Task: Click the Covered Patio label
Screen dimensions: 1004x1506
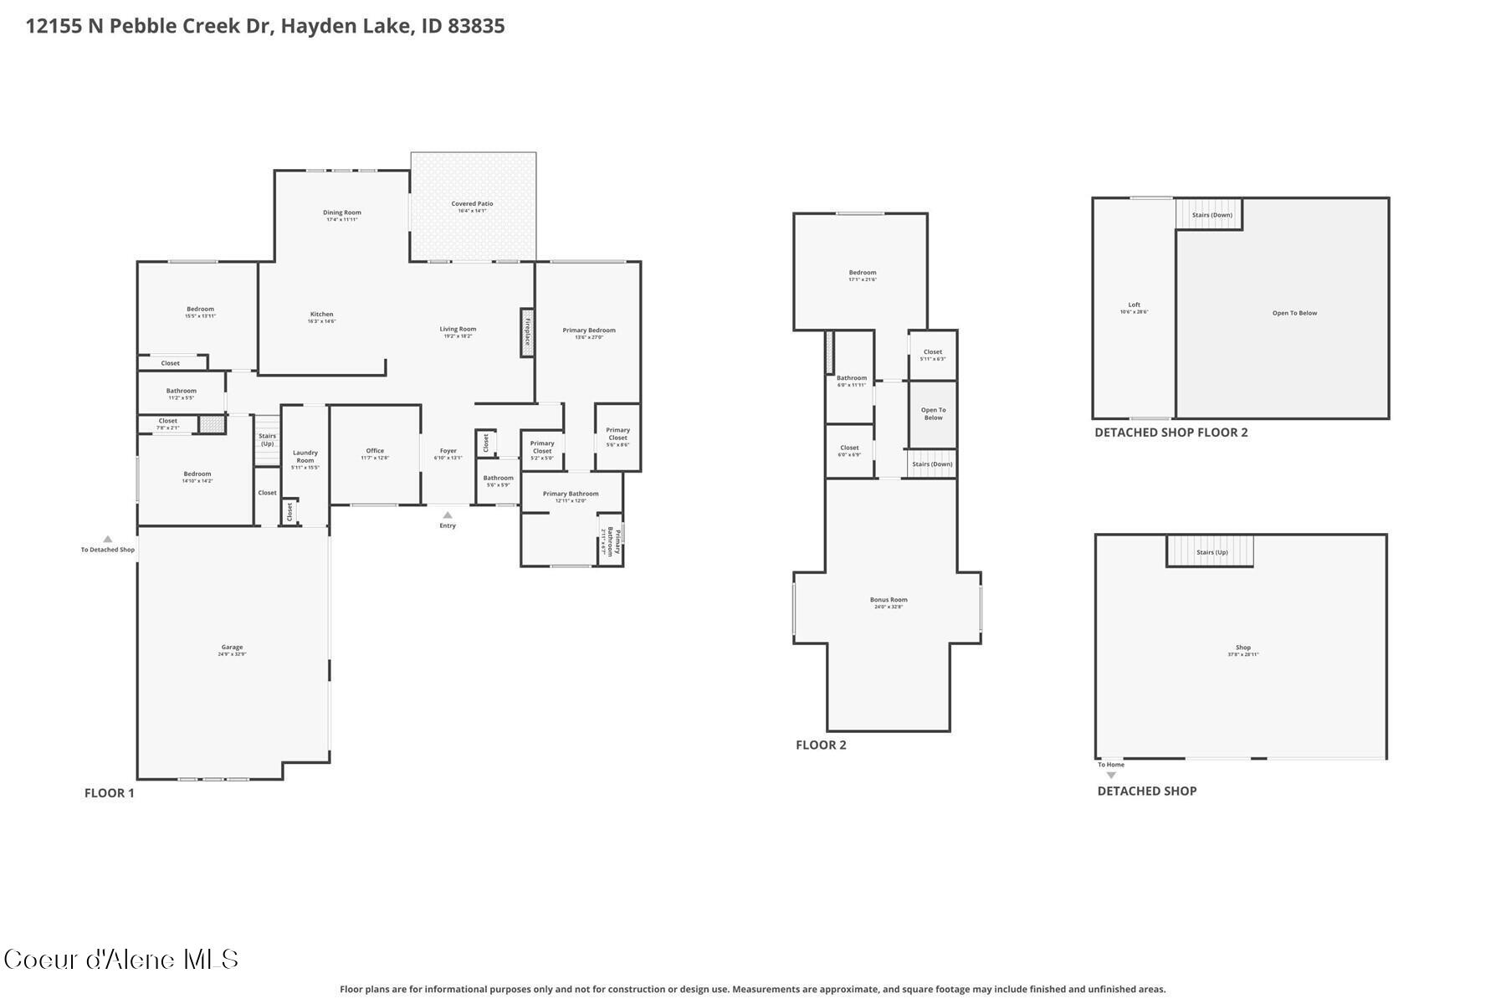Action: tap(472, 204)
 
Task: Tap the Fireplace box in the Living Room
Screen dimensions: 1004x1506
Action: tap(527, 332)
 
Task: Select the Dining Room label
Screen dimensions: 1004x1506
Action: tap(341, 213)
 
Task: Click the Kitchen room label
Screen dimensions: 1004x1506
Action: tap(321, 315)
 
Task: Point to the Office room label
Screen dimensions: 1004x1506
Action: tap(374, 451)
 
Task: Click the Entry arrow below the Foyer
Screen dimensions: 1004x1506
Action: tap(448, 515)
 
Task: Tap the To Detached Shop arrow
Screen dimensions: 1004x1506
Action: tap(107, 540)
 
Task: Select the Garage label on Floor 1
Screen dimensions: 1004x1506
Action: tap(232, 647)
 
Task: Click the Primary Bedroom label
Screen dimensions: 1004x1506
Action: tap(588, 330)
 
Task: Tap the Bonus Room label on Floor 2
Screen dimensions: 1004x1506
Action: tap(888, 600)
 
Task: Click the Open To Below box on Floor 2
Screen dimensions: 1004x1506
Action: tap(933, 414)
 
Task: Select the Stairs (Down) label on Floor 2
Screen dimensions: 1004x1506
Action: tap(932, 464)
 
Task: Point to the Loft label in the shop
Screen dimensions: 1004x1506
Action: tap(1134, 305)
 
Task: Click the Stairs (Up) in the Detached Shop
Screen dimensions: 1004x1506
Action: tap(1211, 552)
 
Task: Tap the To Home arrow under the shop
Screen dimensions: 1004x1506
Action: tap(1111, 775)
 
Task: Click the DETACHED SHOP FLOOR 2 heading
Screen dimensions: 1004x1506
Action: tap(1170, 433)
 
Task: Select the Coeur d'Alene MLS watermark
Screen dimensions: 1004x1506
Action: tap(121, 959)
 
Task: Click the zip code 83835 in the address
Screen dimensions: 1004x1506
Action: tap(476, 26)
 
